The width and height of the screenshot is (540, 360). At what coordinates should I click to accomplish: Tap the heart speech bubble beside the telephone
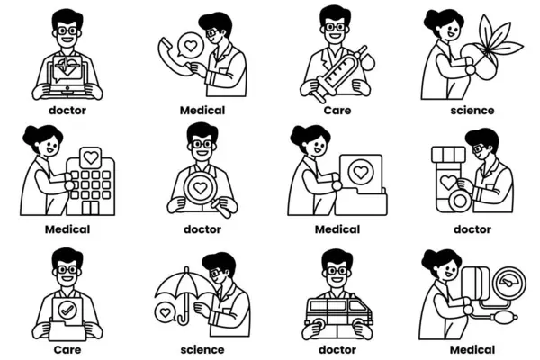[x=190, y=45]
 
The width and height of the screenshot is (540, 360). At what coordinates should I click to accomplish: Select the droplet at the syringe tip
[x=368, y=61]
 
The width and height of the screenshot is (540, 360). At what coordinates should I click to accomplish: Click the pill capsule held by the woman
[x=480, y=62]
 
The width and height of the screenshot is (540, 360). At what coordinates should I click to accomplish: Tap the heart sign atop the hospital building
[x=91, y=157]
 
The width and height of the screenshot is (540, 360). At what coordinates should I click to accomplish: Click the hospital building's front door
[x=90, y=208]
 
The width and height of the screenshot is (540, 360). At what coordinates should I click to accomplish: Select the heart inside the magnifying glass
[x=200, y=188]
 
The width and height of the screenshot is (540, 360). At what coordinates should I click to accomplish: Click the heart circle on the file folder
[x=361, y=172]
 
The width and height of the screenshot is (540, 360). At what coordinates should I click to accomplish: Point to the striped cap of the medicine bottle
[x=449, y=154]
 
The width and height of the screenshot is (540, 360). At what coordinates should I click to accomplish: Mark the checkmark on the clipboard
[x=67, y=310]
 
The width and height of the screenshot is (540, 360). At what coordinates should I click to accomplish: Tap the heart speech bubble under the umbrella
[x=166, y=312]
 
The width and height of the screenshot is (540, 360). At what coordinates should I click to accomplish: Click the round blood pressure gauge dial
[x=509, y=283]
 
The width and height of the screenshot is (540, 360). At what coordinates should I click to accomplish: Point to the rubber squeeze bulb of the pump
[x=503, y=316]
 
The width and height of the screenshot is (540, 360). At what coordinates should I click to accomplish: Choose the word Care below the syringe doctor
[x=337, y=111]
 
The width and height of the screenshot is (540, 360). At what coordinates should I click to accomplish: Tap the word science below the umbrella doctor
[x=202, y=350]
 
